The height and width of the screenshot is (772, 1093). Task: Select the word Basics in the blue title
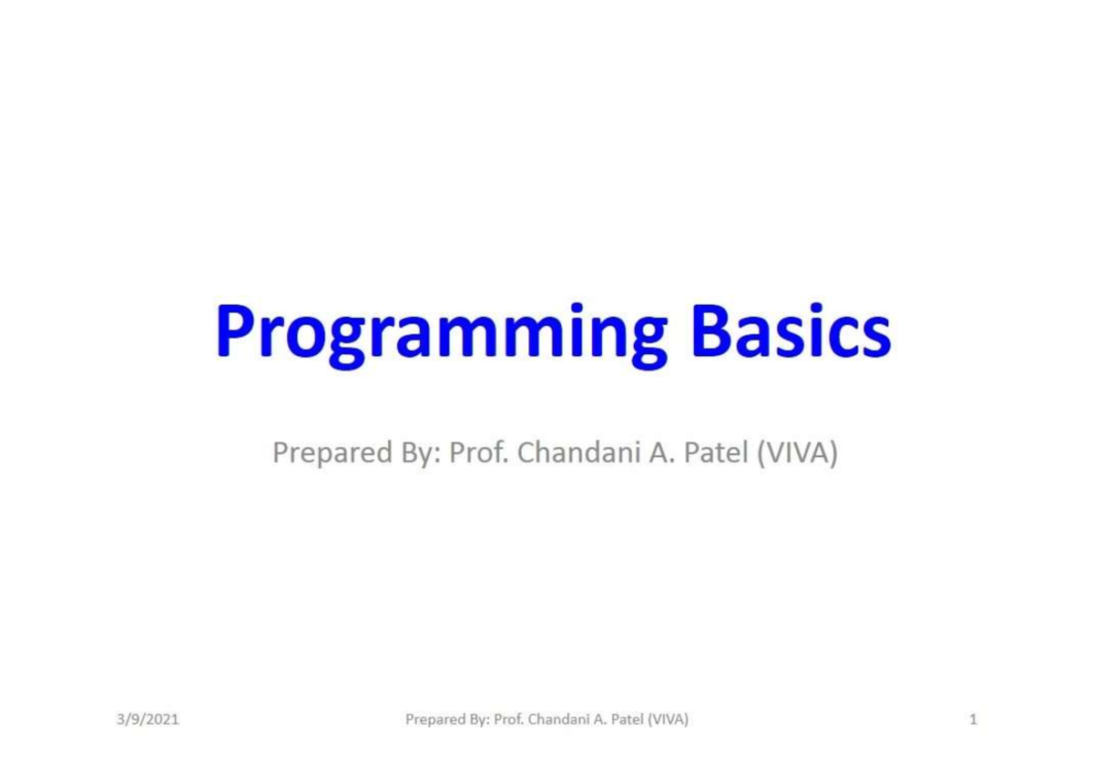click(791, 332)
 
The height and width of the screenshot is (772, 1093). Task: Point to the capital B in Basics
click(711, 331)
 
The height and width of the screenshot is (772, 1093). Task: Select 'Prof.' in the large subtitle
click(479, 452)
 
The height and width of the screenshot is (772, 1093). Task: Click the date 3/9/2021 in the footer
click(148, 719)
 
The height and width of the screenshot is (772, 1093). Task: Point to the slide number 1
click(974, 719)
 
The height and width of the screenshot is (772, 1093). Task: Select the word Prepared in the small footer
click(434, 720)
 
